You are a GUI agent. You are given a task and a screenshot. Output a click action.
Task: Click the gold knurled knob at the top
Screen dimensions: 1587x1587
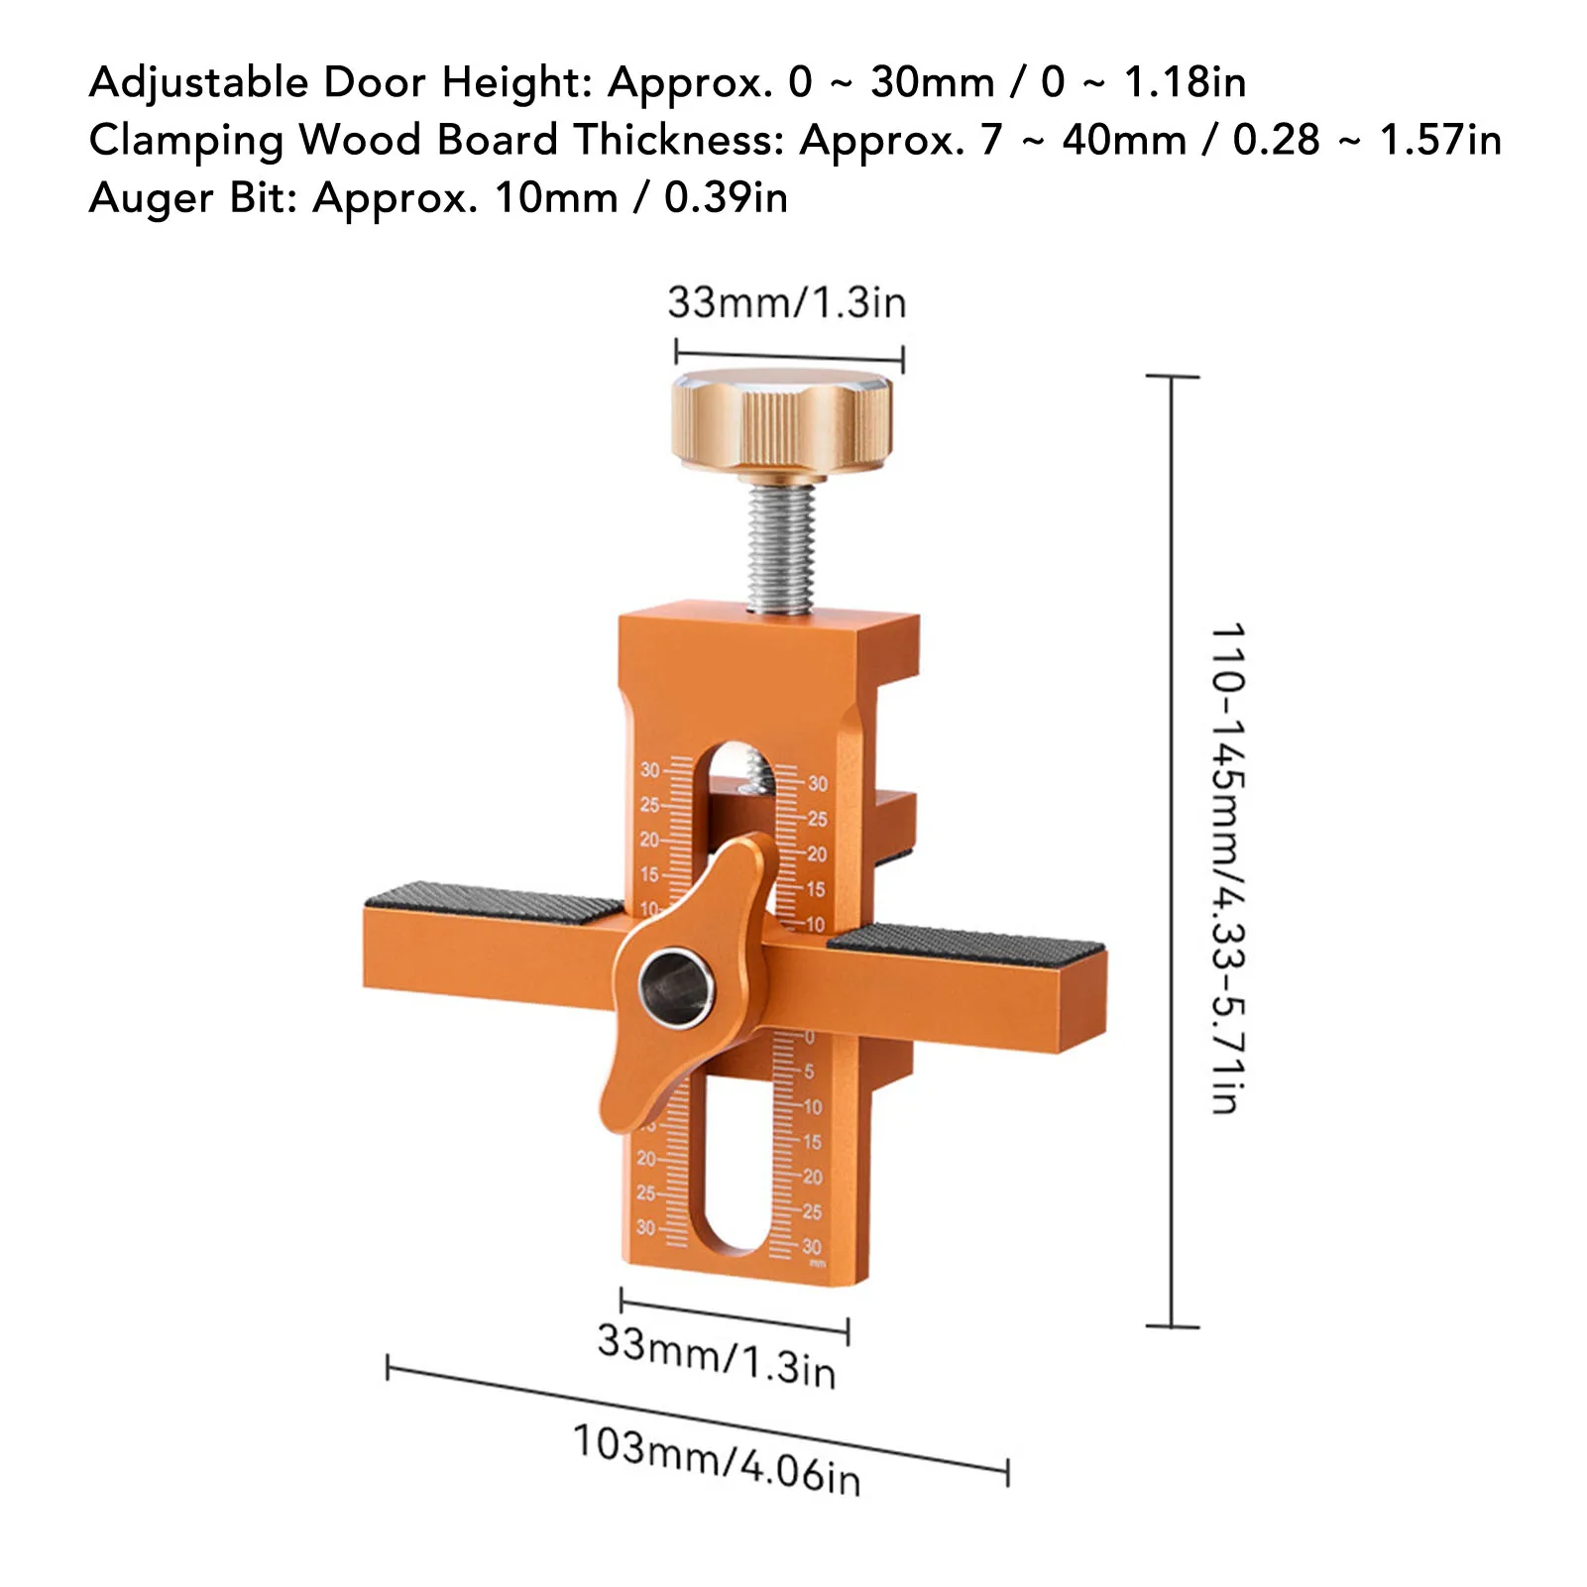pyautogui.click(x=781, y=421)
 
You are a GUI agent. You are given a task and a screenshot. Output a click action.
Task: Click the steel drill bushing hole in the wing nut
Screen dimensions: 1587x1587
pyautogui.click(x=676, y=987)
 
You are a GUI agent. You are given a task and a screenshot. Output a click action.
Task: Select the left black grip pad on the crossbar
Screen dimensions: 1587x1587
pyautogui.click(x=493, y=902)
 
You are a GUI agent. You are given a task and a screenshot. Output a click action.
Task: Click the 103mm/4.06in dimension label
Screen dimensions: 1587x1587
pyautogui.click(x=717, y=1460)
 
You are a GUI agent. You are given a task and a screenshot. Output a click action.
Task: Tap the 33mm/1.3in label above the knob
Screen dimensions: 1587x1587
pyautogui.click(x=787, y=302)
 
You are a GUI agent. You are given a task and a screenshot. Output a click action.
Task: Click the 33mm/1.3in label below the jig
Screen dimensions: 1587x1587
pyautogui.click(x=717, y=1356)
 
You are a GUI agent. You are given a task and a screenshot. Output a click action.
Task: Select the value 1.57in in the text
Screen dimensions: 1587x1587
pyautogui.click(x=1440, y=140)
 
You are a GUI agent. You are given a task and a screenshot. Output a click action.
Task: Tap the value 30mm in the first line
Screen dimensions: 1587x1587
pyautogui.click(x=932, y=82)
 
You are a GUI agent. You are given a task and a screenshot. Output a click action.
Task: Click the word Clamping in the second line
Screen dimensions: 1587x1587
pyautogui.click(x=186, y=141)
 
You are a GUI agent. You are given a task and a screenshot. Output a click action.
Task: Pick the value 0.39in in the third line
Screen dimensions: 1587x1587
pyautogui.click(x=726, y=198)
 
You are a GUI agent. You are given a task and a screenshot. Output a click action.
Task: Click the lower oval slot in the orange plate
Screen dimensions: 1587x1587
pyautogui.click(x=735, y=1180)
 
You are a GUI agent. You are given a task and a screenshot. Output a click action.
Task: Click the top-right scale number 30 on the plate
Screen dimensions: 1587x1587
pyautogui.click(x=817, y=784)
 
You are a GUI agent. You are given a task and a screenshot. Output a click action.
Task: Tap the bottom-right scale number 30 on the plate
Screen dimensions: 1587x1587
pyautogui.click(x=811, y=1247)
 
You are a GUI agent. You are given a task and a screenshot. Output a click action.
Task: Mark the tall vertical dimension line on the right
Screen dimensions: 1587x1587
pyautogui.click(x=1173, y=852)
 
